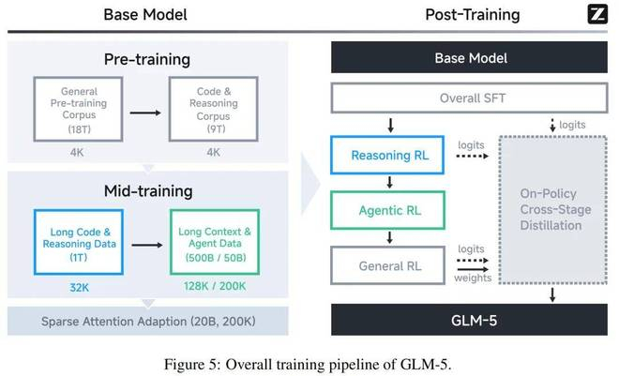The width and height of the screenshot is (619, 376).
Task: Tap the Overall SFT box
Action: point(470,98)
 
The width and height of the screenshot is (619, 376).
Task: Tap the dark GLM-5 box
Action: point(470,321)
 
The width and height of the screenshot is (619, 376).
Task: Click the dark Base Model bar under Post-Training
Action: point(470,58)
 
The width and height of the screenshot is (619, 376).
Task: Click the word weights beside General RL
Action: point(471,277)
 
